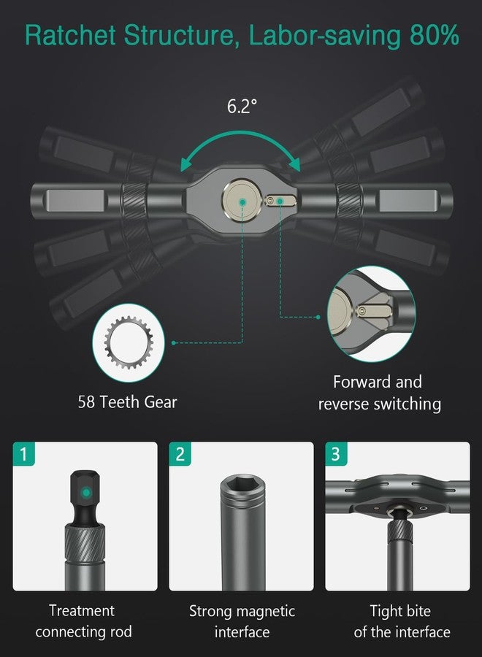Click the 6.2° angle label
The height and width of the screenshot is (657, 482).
[242, 106]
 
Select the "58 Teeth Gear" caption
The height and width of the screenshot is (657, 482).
[128, 401]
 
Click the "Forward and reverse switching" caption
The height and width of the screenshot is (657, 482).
[378, 393]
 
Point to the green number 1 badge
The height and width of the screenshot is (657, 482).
[24, 454]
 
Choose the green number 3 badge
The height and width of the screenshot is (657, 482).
[336, 454]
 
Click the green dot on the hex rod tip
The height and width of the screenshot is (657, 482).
[86, 493]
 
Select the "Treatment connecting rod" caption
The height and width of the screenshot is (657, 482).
[82, 620]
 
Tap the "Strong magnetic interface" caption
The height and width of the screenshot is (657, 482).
[242, 620]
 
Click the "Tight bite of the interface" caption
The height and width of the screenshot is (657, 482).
[401, 620]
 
